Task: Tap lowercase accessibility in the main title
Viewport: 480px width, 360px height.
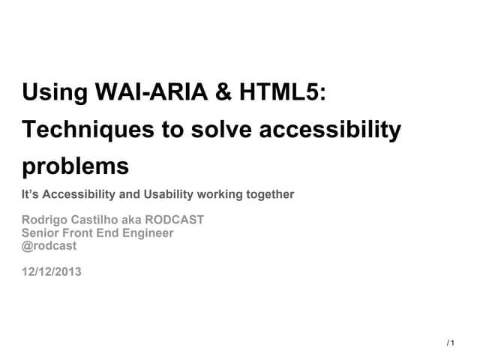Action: tap(330, 130)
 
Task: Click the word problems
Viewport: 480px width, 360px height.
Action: tap(76, 165)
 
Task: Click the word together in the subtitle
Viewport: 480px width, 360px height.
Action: tap(269, 195)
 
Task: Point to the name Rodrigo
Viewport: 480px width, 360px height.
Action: tap(46, 220)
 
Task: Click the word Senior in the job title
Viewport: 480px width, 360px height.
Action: tap(42, 233)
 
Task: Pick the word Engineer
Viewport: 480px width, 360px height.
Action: tap(148, 233)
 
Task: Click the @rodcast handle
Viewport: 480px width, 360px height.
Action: tap(49, 246)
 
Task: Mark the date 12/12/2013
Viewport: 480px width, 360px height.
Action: tap(52, 271)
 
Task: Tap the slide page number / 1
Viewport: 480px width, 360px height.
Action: tap(451, 343)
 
